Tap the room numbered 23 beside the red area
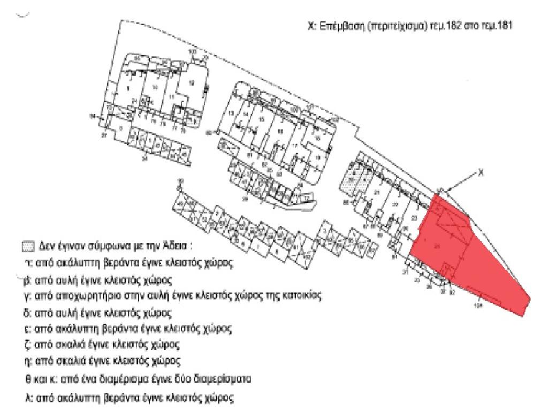click(x=413, y=218)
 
